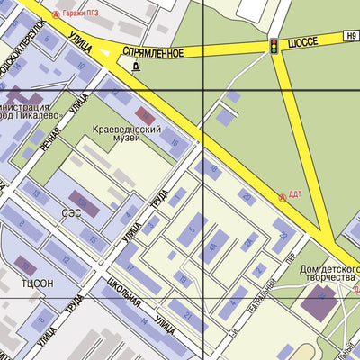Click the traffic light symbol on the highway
tap(273, 44)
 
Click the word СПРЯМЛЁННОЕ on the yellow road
tap(153, 53)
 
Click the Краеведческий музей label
tap(127, 135)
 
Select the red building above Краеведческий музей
tap(146, 114)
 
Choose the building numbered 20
tap(246, 197)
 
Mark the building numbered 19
tap(183, 280)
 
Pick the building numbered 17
tap(131, 267)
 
